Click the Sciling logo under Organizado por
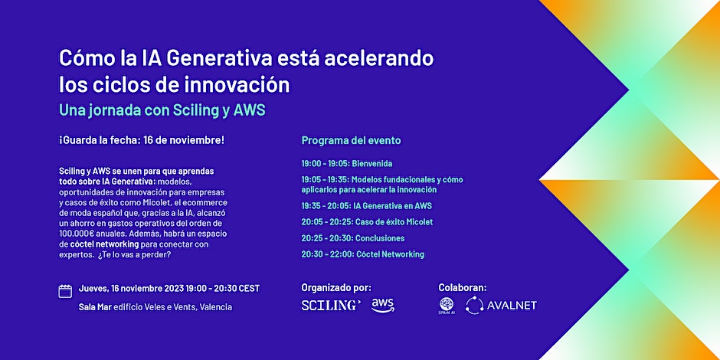point(331,305)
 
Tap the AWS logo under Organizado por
point(382,305)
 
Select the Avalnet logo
point(502,305)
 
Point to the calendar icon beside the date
point(65,291)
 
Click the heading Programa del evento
point(351,141)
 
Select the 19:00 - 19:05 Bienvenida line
point(347,163)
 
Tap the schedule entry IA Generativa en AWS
point(366,205)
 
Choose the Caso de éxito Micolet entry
point(367,221)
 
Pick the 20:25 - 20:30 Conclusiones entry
point(352,237)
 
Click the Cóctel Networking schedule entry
point(362,254)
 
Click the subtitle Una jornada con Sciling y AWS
point(162,110)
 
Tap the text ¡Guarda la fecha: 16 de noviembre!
point(142,141)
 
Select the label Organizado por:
point(336,287)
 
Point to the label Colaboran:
point(462,287)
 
